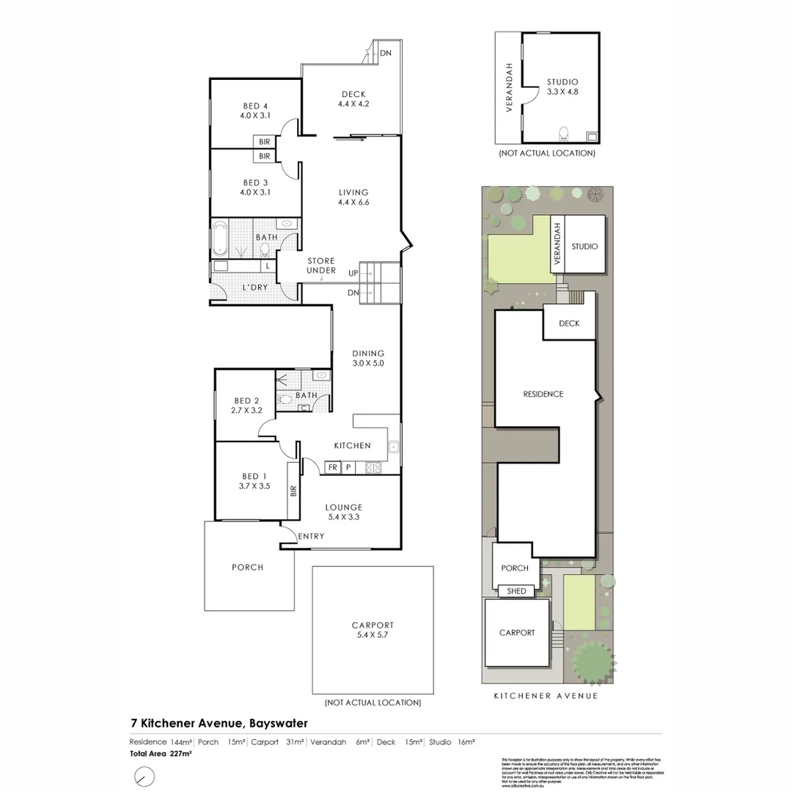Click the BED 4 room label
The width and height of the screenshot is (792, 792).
tap(254, 111)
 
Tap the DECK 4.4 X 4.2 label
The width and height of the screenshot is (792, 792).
tap(353, 99)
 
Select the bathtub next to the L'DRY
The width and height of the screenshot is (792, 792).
tap(221, 238)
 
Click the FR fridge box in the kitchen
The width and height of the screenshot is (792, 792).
tap(332, 466)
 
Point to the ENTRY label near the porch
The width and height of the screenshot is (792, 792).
tap(311, 537)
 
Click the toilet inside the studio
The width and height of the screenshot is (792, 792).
tap(564, 134)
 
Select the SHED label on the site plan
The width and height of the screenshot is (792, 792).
tap(516, 591)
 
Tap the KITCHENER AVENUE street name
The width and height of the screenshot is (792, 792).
tap(546, 696)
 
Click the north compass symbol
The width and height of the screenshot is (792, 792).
tap(145, 775)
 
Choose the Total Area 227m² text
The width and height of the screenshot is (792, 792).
tap(161, 754)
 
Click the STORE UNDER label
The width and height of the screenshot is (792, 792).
tap(321, 265)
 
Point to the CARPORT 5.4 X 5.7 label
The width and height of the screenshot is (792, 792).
tap(373, 631)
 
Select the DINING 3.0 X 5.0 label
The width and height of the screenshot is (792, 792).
tap(367, 358)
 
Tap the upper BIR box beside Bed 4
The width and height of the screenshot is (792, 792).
tap(264, 142)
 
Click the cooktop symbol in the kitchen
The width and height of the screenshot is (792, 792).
tap(373, 466)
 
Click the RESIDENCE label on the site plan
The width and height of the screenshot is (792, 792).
tap(543, 394)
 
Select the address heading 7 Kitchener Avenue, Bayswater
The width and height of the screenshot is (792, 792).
tap(219, 723)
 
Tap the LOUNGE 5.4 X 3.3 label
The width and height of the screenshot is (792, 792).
tap(344, 512)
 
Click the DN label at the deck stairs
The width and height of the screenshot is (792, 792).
tap(385, 53)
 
